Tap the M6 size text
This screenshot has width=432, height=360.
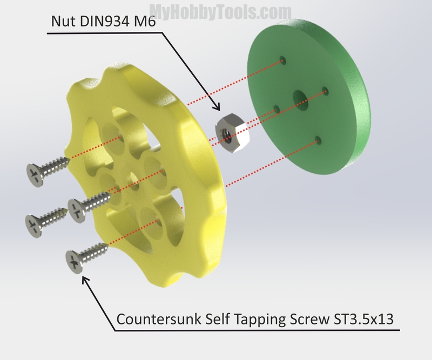click(x=145, y=21)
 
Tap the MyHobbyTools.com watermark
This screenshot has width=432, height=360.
click(x=220, y=12)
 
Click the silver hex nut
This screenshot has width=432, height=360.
click(x=232, y=133)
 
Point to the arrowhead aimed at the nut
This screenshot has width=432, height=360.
click(x=216, y=106)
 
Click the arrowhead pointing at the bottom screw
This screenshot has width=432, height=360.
click(x=86, y=281)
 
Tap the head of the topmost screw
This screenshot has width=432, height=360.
click(x=35, y=175)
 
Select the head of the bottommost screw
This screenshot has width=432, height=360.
click(x=73, y=262)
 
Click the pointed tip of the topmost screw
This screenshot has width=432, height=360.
click(x=69, y=158)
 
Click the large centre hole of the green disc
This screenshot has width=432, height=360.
click(x=300, y=100)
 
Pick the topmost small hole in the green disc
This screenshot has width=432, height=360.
click(x=282, y=60)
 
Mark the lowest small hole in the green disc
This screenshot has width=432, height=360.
click(x=318, y=140)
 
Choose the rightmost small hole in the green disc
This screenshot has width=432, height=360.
click(x=325, y=91)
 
